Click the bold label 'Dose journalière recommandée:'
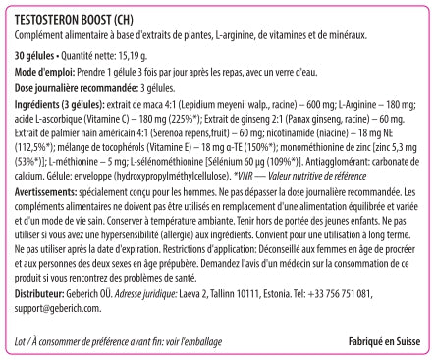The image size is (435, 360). [74, 87]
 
